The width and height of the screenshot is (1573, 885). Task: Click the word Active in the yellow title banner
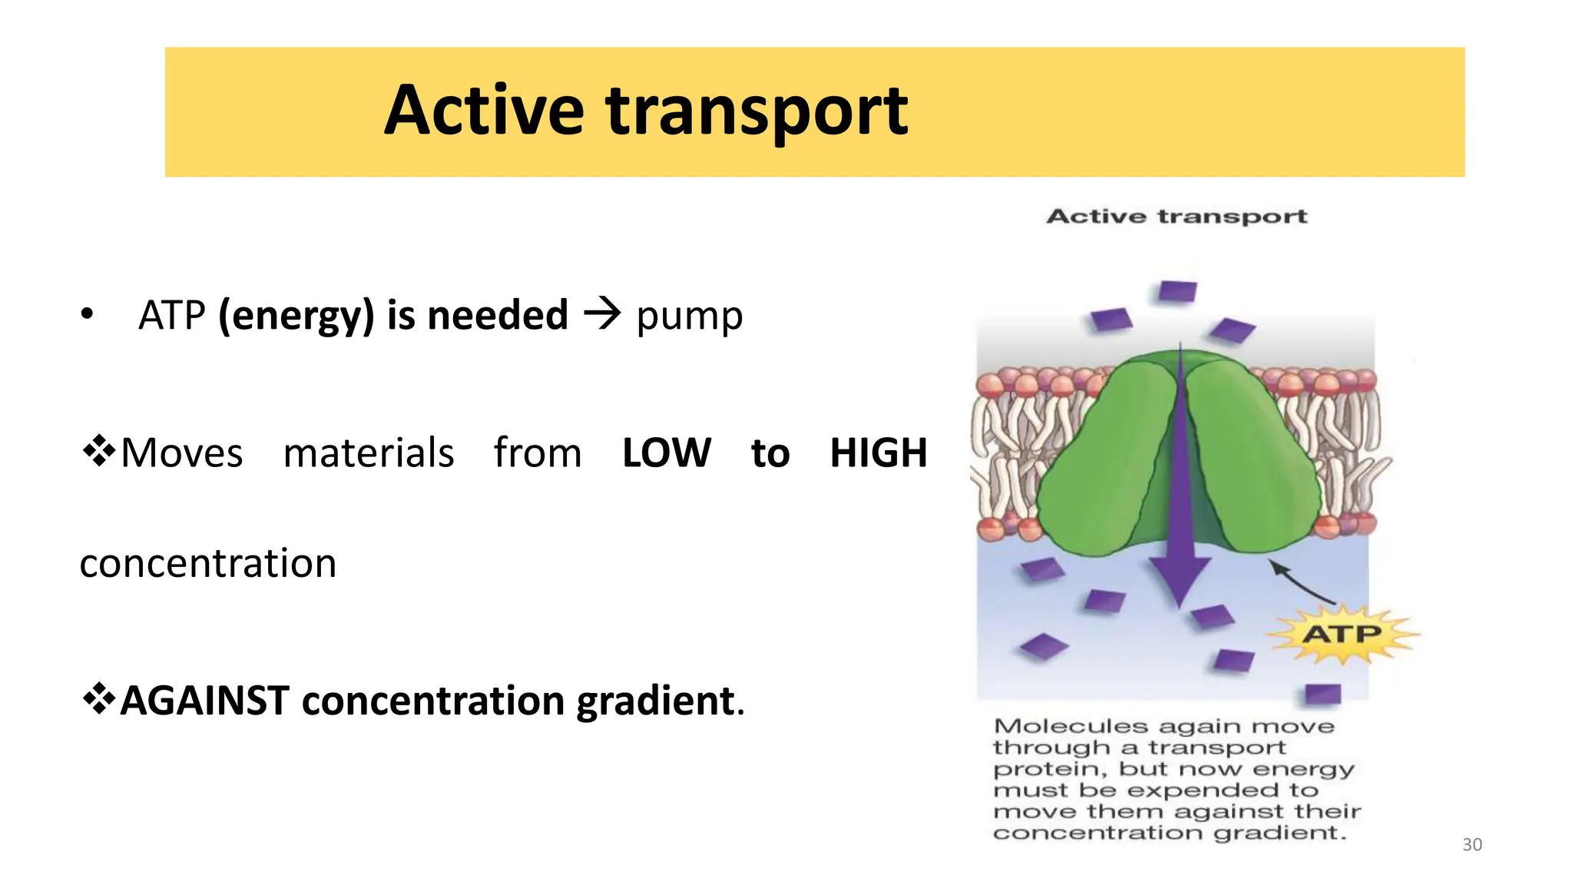[484, 111]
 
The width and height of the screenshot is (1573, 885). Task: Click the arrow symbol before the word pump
[601, 313]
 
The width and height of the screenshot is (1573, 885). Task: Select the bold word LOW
[666, 452]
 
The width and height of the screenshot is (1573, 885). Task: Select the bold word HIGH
[878, 452]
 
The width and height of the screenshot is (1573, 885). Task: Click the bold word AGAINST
[205, 701]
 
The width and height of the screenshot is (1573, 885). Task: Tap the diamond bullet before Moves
[99, 451]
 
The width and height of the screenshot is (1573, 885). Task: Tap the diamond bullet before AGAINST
[99, 698]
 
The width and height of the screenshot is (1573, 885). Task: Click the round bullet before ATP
[87, 314]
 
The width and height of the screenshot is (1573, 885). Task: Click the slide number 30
[1472, 844]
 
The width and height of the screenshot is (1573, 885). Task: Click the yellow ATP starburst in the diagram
[1341, 635]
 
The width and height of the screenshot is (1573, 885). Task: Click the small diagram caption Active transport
[1177, 217]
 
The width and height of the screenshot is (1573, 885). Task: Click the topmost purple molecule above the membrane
[1177, 292]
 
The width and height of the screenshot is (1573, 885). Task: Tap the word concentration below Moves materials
[207, 563]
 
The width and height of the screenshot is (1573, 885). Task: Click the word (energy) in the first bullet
[296, 316]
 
